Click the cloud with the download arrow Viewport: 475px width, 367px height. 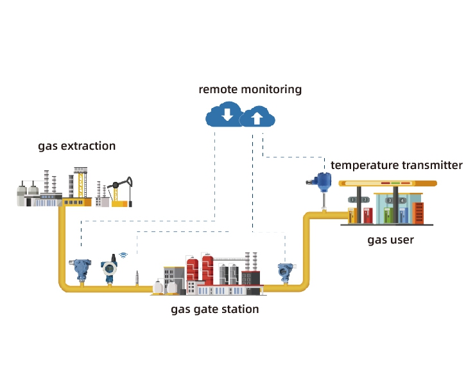[x=225, y=116]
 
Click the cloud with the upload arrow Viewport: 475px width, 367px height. [x=257, y=118]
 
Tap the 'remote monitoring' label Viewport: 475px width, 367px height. [x=250, y=89]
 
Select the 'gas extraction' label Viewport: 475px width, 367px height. [x=77, y=146]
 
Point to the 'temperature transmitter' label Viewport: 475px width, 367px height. [x=396, y=165]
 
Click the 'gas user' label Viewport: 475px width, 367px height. [x=390, y=240]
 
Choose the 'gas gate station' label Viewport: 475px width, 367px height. [x=215, y=309]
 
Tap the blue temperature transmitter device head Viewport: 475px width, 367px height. [x=324, y=181]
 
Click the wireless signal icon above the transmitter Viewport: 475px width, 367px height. [x=123, y=255]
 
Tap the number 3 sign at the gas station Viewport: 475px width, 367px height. [x=390, y=200]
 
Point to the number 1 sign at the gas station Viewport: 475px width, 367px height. [x=352, y=200]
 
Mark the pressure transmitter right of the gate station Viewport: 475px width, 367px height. [x=284, y=271]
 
